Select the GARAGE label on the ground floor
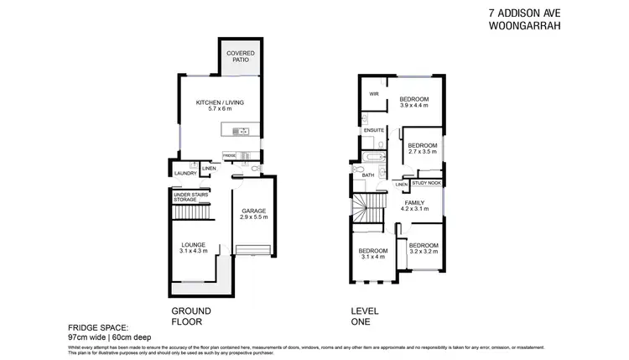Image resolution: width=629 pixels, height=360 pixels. click(252, 211)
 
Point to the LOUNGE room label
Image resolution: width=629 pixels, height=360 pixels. click(193, 245)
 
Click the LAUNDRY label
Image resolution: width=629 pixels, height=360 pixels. click(184, 175)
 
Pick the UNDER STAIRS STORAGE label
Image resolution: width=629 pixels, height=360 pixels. click(190, 196)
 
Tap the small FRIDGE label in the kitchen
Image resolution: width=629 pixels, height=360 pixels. click(229, 155)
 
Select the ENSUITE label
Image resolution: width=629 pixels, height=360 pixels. click(374, 131)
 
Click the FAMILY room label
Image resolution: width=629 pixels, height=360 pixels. click(414, 203)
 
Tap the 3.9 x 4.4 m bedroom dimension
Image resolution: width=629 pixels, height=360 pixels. click(413, 106)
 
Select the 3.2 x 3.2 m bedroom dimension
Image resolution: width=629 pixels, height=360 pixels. click(424, 251)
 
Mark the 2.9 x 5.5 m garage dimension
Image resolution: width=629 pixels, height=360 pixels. click(252, 217)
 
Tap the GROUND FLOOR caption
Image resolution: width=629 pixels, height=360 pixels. click(191, 315)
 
